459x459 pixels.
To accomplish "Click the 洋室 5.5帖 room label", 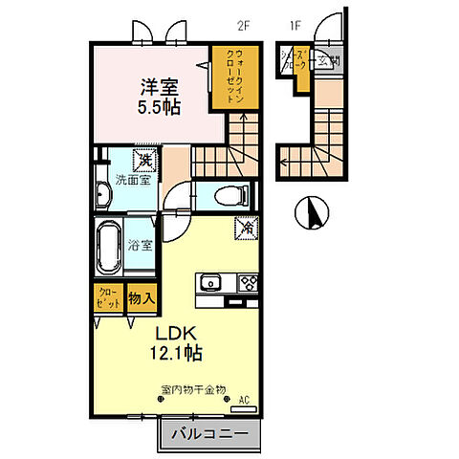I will [x=151, y=93].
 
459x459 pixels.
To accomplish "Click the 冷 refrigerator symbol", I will [x=245, y=229].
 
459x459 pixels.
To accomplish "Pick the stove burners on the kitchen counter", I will [x=248, y=282].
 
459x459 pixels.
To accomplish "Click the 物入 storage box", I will [x=142, y=298].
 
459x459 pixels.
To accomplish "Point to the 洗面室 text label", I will [x=132, y=179].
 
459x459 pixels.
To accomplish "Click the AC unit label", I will [x=244, y=400].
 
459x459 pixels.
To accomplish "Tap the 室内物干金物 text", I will [x=192, y=389].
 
